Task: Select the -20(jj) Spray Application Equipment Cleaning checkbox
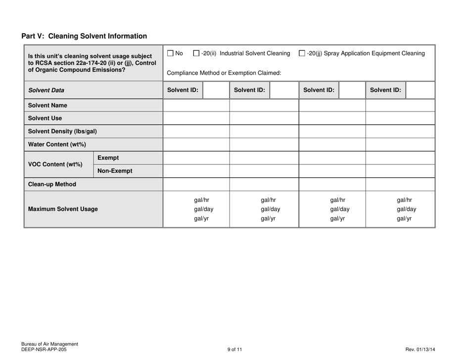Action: (x=303, y=53)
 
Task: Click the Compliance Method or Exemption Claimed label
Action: (x=225, y=73)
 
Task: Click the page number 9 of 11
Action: (x=235, y=349)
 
